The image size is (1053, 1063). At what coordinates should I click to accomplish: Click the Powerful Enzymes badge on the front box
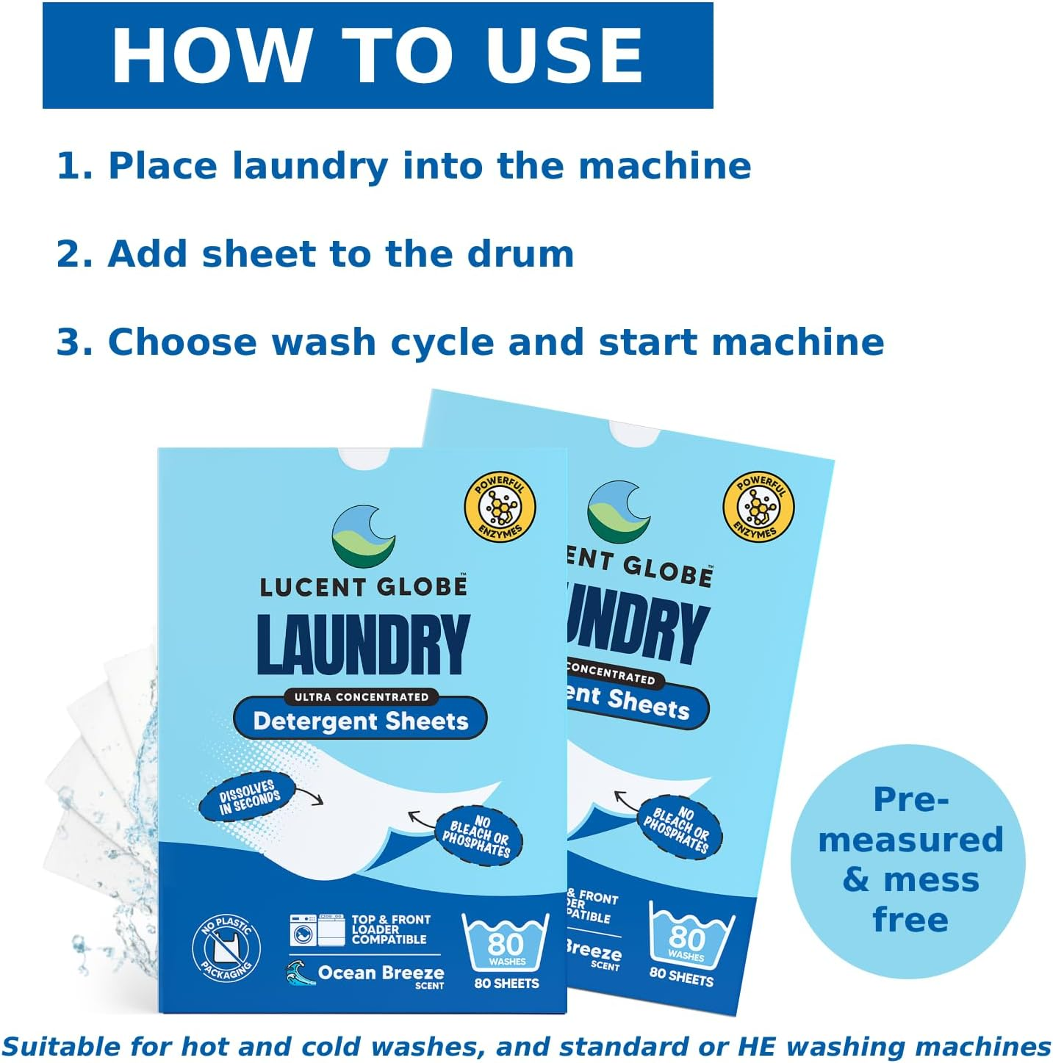pyautogui.click(x=500, y=507)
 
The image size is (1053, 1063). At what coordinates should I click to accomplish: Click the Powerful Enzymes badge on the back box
pyautogui.click(x=759, y=507)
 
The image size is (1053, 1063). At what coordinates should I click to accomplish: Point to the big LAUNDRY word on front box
pyautogui.click(x=363, y=644)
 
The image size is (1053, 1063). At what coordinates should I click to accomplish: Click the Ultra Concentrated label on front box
pyautogui.click(x=361, y=696)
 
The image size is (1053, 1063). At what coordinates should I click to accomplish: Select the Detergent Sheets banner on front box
pyautogui.click(x=360, y=721)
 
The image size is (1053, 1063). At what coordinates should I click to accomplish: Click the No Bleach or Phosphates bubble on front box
pyautogui.click(x=479, y=836)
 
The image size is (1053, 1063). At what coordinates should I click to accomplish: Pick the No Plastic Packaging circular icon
pyautogui.click(x=226, y=948)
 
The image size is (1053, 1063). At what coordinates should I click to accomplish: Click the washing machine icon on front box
pyautogui.click(x=303, y=932)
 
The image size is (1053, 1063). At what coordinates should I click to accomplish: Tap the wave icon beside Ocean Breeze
pyautogui.click(x=300, y=973)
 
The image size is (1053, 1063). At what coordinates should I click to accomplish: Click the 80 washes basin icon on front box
pyautogui.click(x=506, y=943)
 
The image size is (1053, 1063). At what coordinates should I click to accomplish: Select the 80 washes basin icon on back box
pyautogui.click(x=689, y=937)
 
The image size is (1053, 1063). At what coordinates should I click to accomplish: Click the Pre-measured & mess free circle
pyautogui.click(x=909, y=860)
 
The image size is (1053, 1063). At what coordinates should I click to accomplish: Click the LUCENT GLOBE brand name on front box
pyautogui.click(x=363, y=586)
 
